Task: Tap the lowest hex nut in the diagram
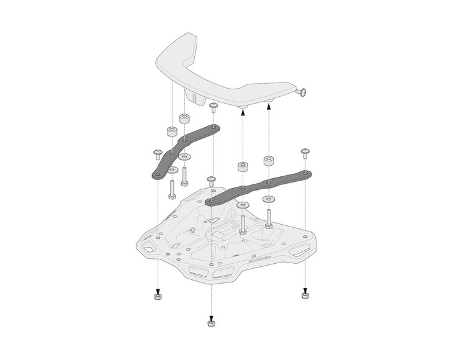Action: [x=212, y=324]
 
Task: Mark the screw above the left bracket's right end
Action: [x=213, y=108]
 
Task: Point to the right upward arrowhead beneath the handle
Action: [x=269, y=107]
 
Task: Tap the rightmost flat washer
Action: [x=269, y=200]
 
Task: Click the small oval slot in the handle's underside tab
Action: [x=194, y=97]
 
